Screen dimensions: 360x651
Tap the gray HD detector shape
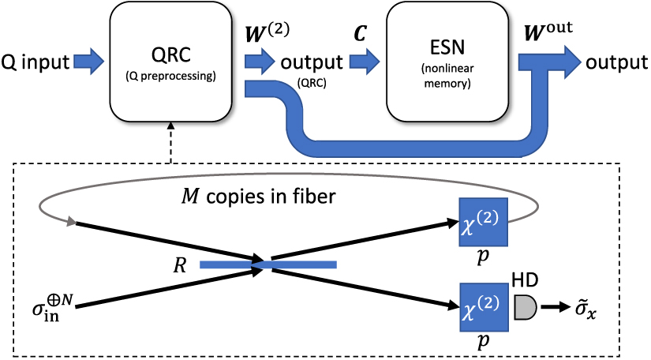pyautogui.click(x=525, y=309)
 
